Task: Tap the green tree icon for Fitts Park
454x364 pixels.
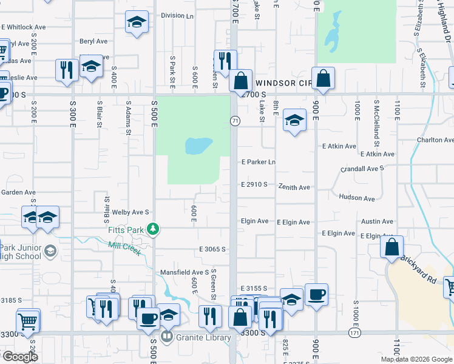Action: click(x=154, y=229)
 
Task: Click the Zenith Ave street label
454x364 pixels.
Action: click(x=294, y=187)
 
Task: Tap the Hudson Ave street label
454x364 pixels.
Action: click(x=356, y=198)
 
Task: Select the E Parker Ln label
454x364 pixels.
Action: click(x=258, y=162)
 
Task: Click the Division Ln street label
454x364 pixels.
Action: click(x=177, y=16)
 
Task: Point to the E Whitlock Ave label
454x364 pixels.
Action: click(x=24, y=27)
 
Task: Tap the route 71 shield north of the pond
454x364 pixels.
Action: click(x=234, y=121)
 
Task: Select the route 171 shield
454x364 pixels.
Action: click(x=355, y=333)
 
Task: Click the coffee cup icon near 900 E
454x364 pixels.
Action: click(x=316, y=295)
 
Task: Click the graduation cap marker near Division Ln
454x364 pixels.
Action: click(x=137, y=23)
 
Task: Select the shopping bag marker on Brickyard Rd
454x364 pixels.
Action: click(x=392, y=246)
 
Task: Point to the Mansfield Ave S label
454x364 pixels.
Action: click(x=185, y=272)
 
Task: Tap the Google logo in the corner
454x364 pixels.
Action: click(x=19, y=357)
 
